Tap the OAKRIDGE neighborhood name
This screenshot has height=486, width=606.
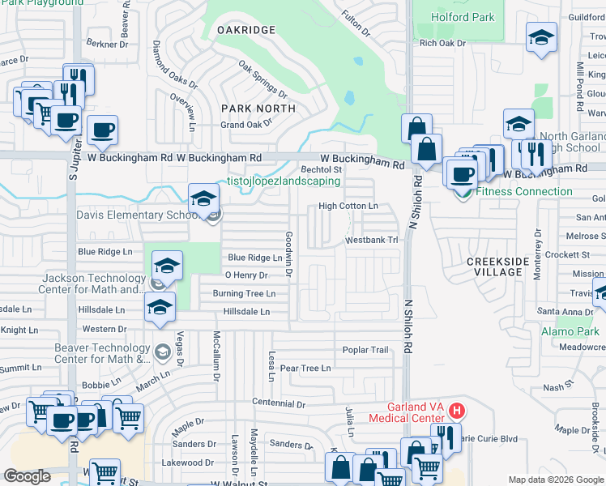pos(246,30)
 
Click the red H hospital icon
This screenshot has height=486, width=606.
pos(456,411)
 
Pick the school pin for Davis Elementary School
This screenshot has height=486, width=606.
pos(203,198)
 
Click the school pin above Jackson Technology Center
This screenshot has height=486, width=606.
pos(167,266)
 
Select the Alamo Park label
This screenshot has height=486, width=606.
pos(570,331)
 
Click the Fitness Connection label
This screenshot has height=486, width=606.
pos(523,192)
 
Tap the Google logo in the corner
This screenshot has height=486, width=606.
pos(27,475)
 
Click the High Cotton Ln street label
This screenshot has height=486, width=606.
pos(348,207)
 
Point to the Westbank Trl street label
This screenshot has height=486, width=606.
pos(372,241)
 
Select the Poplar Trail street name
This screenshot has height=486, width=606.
pos(365,350)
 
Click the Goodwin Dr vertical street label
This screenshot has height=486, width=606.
pos(288,251)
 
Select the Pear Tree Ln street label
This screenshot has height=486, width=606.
pos(305,368)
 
